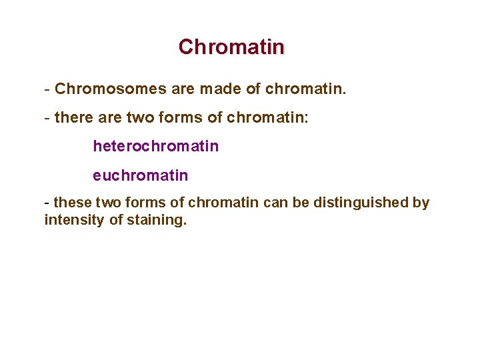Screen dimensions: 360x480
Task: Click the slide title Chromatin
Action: pos(231,47)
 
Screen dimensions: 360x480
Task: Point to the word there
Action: pos(75,118)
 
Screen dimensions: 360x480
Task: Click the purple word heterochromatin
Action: pos(155,146)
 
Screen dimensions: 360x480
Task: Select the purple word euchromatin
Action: pos(140,175)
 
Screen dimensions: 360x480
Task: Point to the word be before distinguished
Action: pos(301,202)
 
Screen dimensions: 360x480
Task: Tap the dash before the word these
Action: pos(47,203)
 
